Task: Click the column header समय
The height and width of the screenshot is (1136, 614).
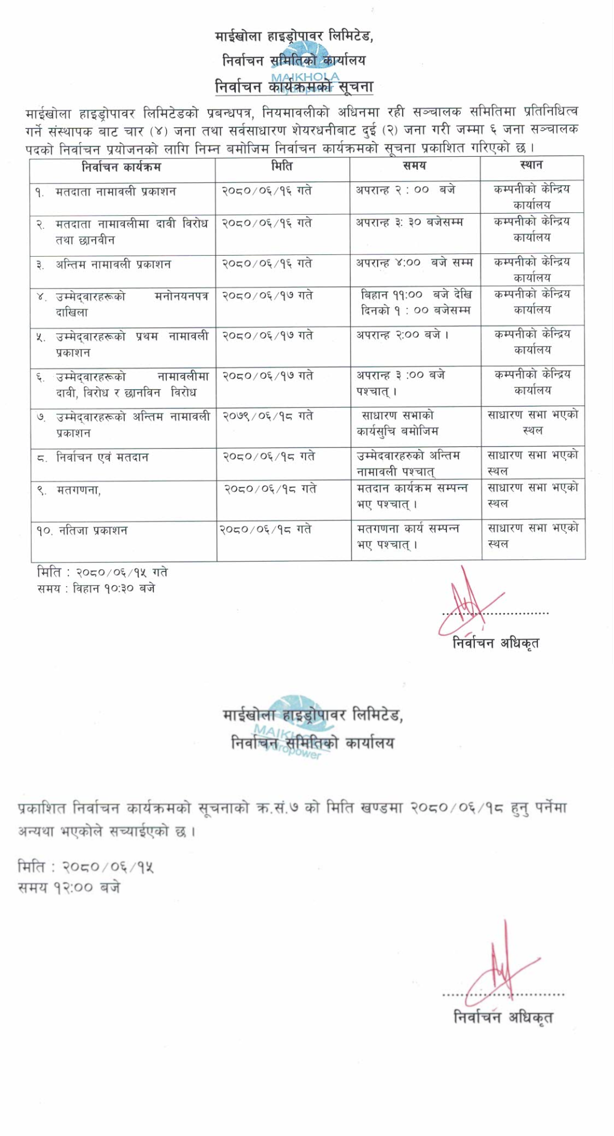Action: point(414,166)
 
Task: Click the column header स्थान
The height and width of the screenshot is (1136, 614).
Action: point(531,165)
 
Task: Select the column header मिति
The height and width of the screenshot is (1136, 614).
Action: point(282,166)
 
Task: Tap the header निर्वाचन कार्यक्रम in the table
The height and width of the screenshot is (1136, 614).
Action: point(121,167)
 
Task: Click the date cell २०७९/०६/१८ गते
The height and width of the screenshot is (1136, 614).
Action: point(267,416)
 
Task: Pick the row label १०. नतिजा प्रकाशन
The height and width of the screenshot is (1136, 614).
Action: point(82,531)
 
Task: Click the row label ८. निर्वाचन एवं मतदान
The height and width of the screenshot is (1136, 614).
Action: point(93,457)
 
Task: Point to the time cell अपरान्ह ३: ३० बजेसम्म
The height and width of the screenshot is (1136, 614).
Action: point(409,223)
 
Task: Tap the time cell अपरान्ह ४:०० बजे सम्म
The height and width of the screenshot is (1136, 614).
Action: point(414,263)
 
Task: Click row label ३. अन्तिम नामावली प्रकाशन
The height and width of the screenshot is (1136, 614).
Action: point(104,265)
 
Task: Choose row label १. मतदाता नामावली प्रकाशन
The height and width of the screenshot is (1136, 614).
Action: point(106,192)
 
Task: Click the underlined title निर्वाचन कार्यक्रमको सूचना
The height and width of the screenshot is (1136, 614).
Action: point(294,87)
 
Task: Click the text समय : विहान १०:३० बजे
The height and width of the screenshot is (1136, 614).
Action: point(96,588)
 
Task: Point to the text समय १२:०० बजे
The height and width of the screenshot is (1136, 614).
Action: point(69,887)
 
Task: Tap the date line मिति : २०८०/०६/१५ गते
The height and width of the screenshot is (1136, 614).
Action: point(102,572)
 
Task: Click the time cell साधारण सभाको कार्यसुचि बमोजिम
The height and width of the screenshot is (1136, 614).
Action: point(397,423)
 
